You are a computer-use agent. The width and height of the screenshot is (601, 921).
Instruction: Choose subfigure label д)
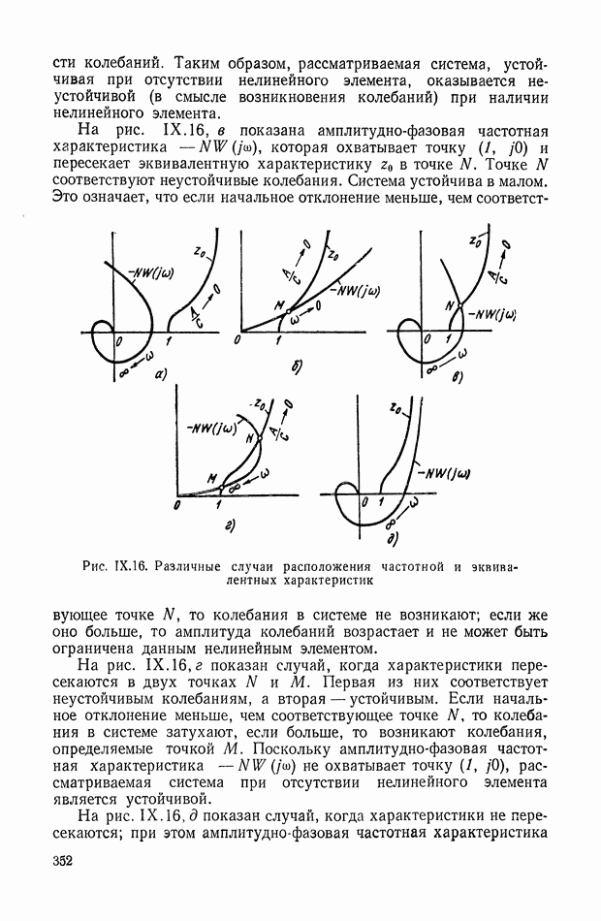pyautogui.click(x=393, y=538)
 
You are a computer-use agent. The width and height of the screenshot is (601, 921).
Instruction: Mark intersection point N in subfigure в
pyautogui.click(x=450, y=308)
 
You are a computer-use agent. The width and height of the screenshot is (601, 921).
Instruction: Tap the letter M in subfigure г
pyautogui.click(x=211, y=477)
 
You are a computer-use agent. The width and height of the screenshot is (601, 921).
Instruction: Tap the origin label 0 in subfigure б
pyautogui.click(x=241, y=342)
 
